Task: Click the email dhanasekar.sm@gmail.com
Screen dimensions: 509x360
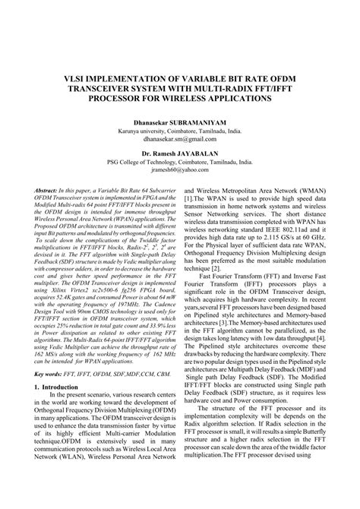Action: click(x=179, y=139)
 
